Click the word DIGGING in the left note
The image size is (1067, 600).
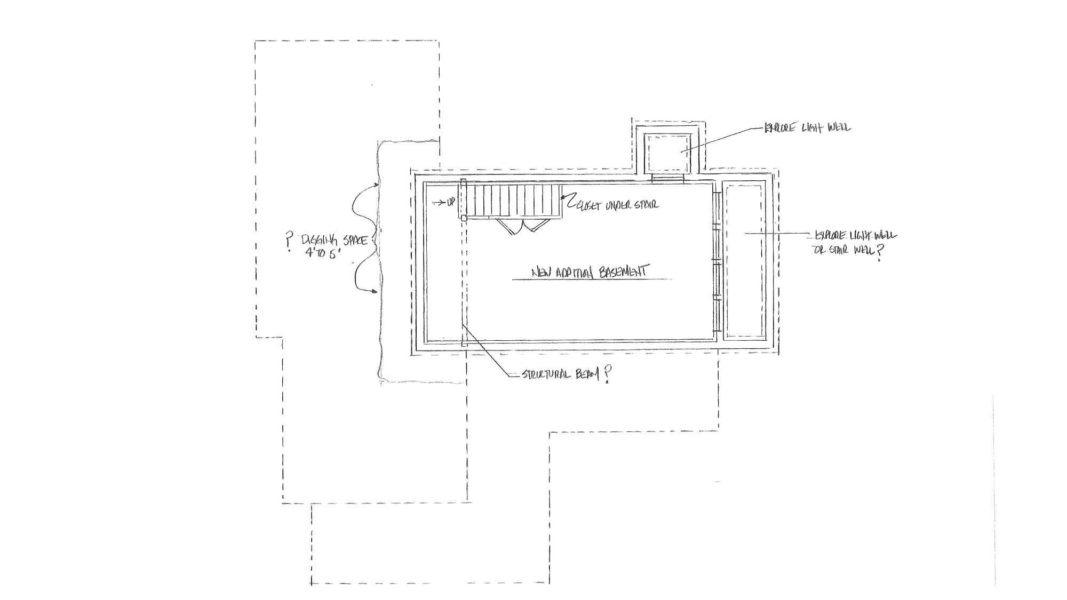tap(317, 239)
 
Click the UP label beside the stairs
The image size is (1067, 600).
tap(451, 203)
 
